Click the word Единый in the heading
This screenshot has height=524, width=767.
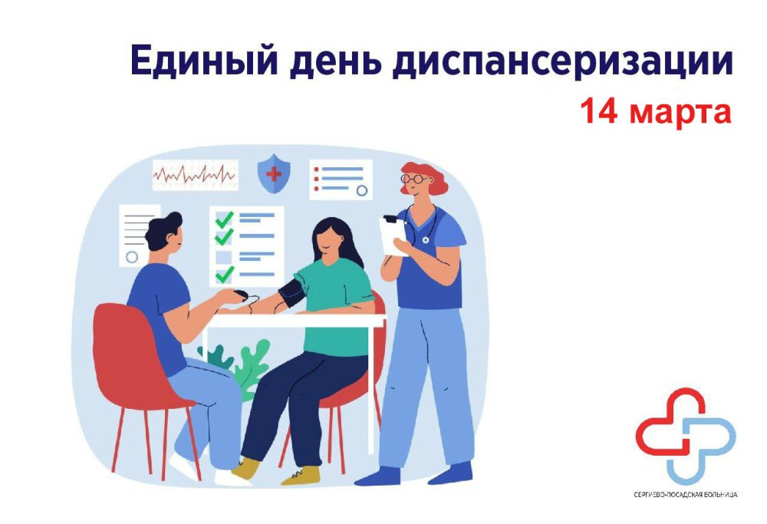[204, 60]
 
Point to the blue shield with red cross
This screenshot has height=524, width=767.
[274, 173]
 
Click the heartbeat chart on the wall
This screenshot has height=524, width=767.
[196, 175]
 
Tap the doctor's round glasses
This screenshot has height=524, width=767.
[414, 179]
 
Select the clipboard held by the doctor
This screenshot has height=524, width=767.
[394, 236]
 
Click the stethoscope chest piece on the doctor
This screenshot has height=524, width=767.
[425, 239]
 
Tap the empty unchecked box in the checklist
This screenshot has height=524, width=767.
[223, 256]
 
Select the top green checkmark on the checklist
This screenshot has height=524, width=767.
[225, 219]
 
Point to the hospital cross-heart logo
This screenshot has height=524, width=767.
[685, 436]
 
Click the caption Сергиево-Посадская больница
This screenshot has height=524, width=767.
[685, 495]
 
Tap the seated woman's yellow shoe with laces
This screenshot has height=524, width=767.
[301, 476]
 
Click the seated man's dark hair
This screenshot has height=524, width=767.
[163, 230]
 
